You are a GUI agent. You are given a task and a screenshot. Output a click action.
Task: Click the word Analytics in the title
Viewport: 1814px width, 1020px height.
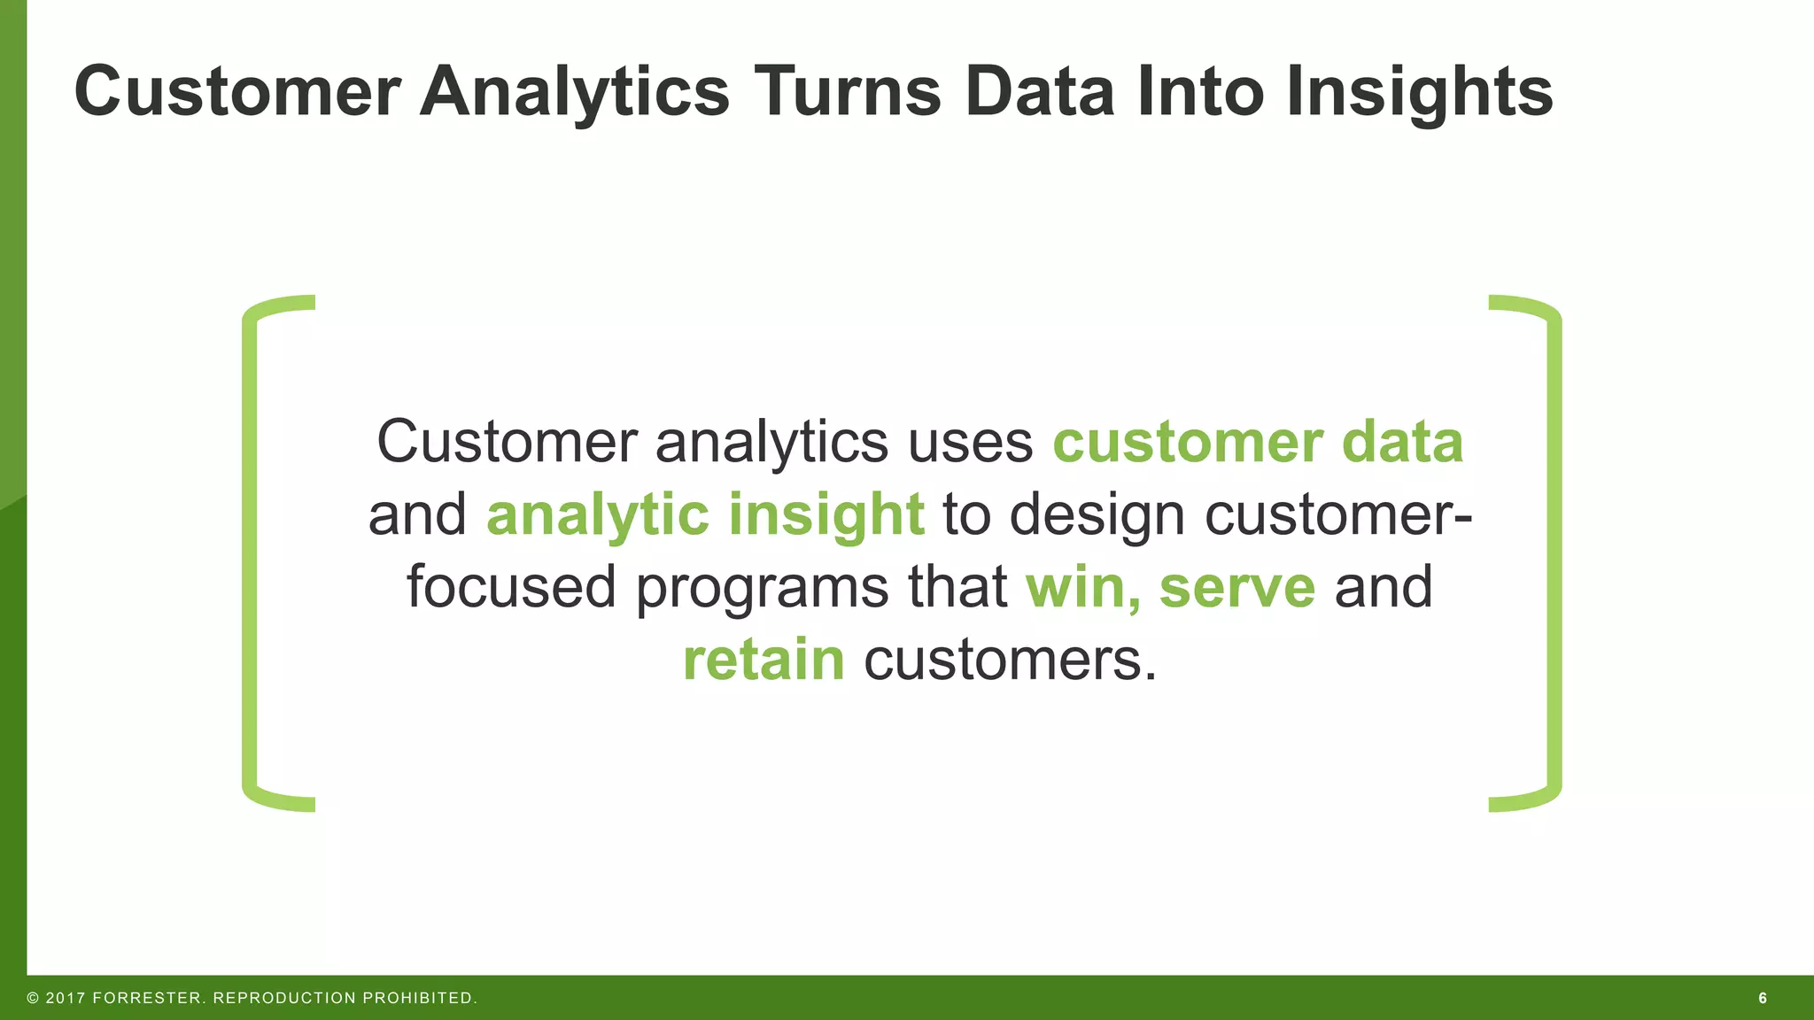click(x=574, y=91)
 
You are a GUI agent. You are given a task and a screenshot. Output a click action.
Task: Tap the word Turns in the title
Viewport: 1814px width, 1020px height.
click(x=848, y=91)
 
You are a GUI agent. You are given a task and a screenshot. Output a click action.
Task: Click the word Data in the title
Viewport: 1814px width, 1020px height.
click(x=1039, y=91)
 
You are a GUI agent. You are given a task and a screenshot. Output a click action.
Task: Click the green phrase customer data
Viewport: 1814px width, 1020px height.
click(x=1257, y=442)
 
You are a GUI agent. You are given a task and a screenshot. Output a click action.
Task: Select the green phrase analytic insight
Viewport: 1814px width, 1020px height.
click(x=705, y=514)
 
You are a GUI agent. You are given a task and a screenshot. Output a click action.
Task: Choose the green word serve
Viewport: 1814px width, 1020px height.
click(x=1236, y=587)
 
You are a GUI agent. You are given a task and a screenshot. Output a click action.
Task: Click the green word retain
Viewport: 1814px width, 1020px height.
click(x=764, y=660)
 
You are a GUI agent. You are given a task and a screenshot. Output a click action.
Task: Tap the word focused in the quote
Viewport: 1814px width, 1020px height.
click(x=511, y=587)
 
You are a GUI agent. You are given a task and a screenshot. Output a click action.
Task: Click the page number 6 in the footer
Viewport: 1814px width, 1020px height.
click(x=1762, y=998)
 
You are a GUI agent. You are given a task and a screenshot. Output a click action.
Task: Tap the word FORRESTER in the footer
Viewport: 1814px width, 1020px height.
click(x=148, y=998)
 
